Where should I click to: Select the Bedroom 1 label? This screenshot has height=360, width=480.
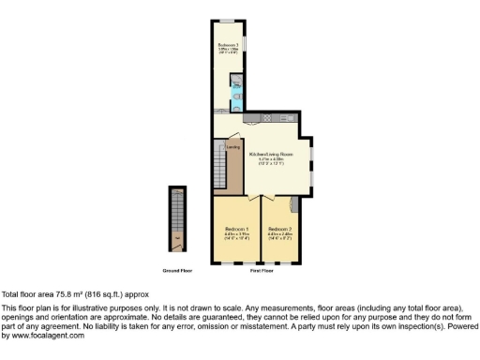point(235,230)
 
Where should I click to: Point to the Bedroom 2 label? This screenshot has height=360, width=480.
point(279,230)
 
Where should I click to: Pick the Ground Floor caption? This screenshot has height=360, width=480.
point(177,270)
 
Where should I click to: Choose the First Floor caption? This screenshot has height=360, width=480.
point(261,270)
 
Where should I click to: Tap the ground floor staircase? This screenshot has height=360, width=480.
point(176,220)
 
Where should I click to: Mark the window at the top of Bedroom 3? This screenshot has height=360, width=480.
point(227,22)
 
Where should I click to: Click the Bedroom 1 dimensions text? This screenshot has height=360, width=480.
point(235,236)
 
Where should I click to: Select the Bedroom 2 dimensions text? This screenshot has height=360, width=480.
point(279,236)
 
